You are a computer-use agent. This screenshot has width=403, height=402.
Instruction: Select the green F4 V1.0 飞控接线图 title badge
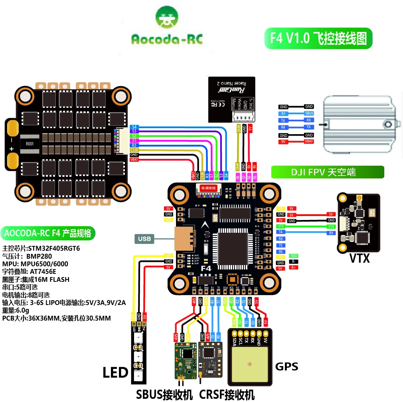(318, 38)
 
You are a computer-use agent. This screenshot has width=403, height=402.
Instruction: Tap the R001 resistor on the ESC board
(30, 144)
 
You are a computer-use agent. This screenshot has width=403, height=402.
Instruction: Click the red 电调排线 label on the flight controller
(208, 188)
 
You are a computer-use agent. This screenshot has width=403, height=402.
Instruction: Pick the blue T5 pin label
(281, 246)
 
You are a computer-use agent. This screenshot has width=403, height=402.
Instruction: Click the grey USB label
(144, 239)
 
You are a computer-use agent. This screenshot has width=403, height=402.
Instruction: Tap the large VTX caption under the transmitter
(360, 258)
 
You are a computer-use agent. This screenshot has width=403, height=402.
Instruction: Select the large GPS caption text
(286, 366)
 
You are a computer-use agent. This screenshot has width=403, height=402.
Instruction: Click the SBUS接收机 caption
(164, 394)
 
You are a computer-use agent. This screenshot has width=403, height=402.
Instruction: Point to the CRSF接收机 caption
(227, 394)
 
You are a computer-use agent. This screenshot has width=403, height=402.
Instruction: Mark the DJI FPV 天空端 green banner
(327, 172)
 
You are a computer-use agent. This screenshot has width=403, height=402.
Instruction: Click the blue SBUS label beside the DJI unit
(309, 113)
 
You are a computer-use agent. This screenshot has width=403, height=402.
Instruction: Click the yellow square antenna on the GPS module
(250, 364)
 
